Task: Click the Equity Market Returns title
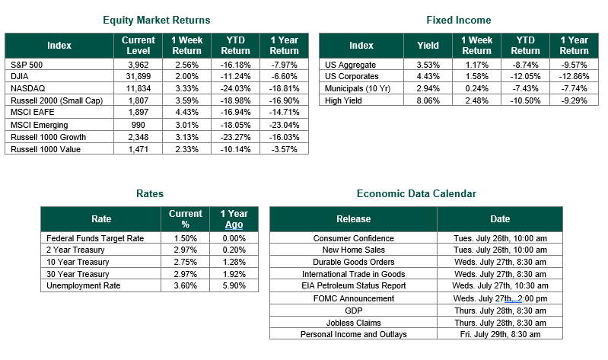[156, 21]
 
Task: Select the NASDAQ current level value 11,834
[138, 88]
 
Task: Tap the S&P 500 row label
[27, 65]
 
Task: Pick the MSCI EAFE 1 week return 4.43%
[186, 112]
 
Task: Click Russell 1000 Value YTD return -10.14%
[235, 149]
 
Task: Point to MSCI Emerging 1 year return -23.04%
[285, 125]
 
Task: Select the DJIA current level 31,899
[138, 76]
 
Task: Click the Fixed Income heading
[459, 21]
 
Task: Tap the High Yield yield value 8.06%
[428, 101]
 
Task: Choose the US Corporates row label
[352, 76]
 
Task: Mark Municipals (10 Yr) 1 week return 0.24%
[476, 88]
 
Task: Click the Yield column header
[428, 46]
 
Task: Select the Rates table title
[150, 193]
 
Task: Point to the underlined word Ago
[234, 225]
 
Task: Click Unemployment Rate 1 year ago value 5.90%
[234, 286]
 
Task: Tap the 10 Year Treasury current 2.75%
[186, 262]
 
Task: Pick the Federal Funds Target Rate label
[95, 238]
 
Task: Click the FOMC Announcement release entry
[354, 298]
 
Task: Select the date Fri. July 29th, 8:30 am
[500, 334]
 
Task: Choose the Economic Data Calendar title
[416, 193]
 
